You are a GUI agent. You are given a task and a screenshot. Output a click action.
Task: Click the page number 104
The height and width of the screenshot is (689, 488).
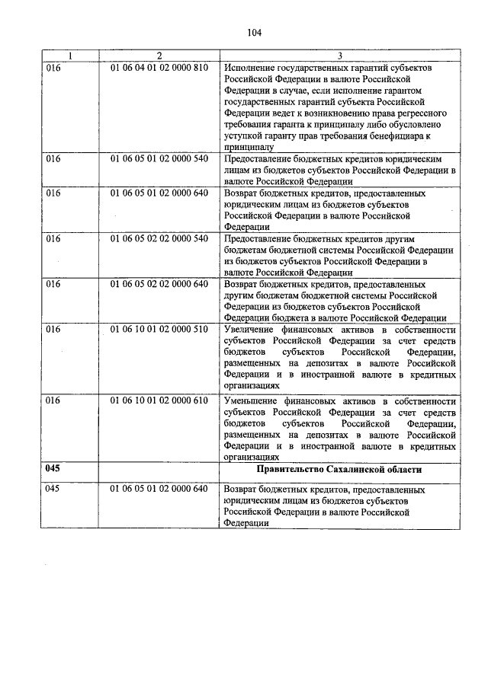tap(255, 32)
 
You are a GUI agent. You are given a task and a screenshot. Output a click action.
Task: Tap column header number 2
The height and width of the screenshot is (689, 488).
tap(159, 56)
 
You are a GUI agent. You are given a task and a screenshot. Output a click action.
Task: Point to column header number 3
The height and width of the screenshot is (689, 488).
tap(340, 56)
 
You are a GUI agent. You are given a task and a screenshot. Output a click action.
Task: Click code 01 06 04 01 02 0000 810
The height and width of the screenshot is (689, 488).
tap(159, 68)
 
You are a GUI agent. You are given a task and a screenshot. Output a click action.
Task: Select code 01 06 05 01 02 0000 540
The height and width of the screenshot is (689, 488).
tap(159, 159)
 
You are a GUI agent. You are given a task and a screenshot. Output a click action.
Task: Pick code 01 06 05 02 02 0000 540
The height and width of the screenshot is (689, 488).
tap(159, 238)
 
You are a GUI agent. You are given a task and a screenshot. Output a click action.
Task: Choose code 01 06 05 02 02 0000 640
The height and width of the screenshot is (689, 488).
tap(159, 284)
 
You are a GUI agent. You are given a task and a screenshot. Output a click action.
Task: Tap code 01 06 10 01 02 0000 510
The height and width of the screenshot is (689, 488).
tap(159, 330)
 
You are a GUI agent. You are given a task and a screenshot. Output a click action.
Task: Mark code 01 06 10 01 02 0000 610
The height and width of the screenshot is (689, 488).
tap(159, 400)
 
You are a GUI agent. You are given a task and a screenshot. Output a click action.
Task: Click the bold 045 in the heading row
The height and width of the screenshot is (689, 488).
tap(53, 469)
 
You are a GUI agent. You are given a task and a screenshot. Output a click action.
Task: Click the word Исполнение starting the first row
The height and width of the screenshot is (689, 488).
tap(251, 68)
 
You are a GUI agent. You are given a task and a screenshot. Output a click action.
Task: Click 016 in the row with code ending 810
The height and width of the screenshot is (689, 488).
tap(53, 68)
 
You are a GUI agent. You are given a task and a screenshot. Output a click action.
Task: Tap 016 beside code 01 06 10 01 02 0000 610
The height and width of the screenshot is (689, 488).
tap(53, 400)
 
